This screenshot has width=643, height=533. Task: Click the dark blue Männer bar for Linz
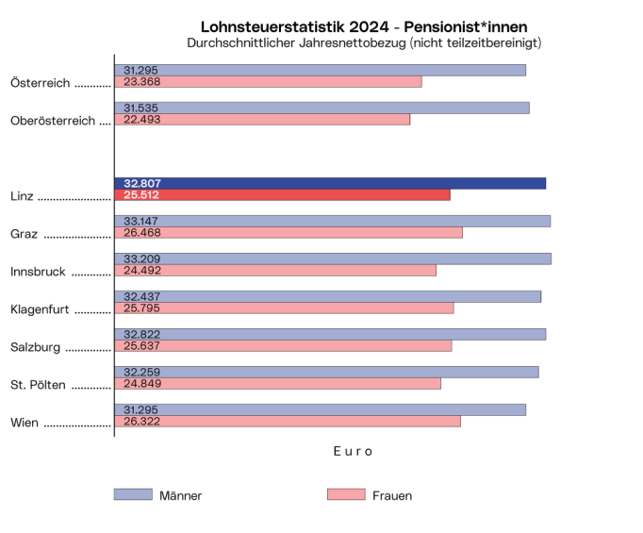330,183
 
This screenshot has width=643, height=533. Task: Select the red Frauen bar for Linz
282,195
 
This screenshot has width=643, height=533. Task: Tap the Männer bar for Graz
332,221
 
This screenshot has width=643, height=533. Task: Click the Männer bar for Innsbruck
333,258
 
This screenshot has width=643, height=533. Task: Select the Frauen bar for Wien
288,422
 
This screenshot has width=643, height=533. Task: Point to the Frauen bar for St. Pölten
277,384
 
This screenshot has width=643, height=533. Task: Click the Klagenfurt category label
41,309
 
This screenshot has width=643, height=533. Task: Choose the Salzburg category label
36,347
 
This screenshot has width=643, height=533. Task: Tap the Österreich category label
40,83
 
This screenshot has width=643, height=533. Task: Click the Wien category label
25,423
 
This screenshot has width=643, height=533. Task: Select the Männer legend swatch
133,494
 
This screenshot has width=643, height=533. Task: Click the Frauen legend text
392,495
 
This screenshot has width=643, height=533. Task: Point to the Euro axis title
353,452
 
